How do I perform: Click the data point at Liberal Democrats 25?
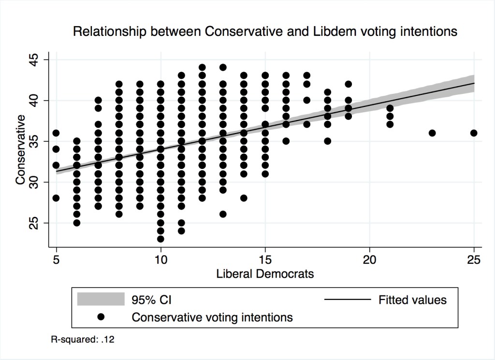pos(474,133)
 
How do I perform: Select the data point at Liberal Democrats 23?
pos(432,133)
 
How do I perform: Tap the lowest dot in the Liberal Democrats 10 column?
pos(160,239)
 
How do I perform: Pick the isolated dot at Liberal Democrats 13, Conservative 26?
pos(223,214)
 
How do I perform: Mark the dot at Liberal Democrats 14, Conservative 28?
pos(244,198)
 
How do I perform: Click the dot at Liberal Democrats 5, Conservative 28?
pos(56,198)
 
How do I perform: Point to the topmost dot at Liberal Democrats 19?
pos(348,84)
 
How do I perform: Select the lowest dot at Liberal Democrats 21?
pos(390,124)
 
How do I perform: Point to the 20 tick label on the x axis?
pos(369,259)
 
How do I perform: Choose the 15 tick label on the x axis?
pos(265,259)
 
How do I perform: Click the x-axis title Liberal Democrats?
pos(265,274)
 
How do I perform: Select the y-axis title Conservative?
pos(20,150)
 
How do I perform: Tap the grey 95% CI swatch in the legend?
pos(101,300)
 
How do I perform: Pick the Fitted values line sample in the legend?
pos(347,300)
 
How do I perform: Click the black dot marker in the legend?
pos(101,317)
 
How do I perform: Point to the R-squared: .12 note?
pos(83,340)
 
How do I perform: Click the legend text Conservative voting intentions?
pos(212,317)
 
